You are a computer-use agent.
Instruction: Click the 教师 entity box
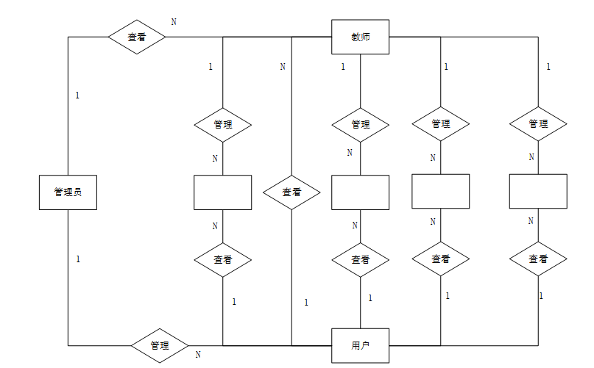[360, 37]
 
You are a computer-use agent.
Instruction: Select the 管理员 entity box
[68, 192]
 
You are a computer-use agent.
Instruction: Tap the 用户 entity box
[360, 345]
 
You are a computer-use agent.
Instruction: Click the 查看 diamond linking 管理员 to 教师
[137, 37]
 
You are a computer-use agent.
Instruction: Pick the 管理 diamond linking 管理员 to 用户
[160, 345]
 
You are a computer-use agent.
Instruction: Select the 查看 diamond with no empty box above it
[291, 192]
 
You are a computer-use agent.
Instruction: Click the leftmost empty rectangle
[222, 192]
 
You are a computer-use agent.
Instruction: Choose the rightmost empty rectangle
[538, 191]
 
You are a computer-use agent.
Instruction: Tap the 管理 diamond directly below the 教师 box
[360, 124]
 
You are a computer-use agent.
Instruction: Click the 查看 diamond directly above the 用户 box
[360, 259]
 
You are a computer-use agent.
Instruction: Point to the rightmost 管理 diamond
[538, 123]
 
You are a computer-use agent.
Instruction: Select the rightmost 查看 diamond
[538, 259]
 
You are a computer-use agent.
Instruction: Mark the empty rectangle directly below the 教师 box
[360, 192]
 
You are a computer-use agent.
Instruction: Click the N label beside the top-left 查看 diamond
[174, 21]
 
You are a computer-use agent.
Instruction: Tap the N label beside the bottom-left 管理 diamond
[198, 355]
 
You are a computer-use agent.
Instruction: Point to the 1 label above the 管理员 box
[77, 95]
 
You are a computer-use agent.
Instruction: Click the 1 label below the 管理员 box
[77, 259]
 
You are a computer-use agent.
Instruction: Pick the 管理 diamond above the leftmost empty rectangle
[222, 124]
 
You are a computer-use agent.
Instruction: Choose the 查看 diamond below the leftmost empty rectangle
[222, 259]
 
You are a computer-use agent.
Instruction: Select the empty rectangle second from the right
[440, 191]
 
